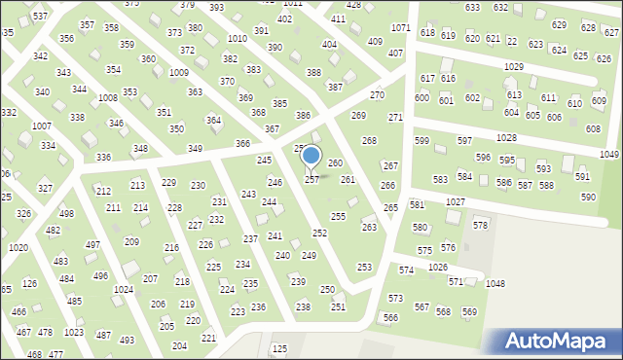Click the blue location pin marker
tap(311, 156)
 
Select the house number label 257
tap(311, 180)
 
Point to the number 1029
tap(513, 66)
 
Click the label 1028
tap(506, 138)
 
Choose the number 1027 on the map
tap(456, 201)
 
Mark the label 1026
tap(438, 267)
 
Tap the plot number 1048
tap(495, 283)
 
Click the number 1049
tap(609, 155)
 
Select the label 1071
tap(400, 27)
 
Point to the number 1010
tap(237, 38)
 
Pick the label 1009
tap(178, 73)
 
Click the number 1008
tap(108, 98)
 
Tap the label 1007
tap(41, 126)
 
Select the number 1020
tap(18, 248)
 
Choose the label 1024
tap(123, 290)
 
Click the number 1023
tap(73, 333)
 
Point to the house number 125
tap(279, 348)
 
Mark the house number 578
tap(481, 225)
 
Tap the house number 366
tap(242, 144)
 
